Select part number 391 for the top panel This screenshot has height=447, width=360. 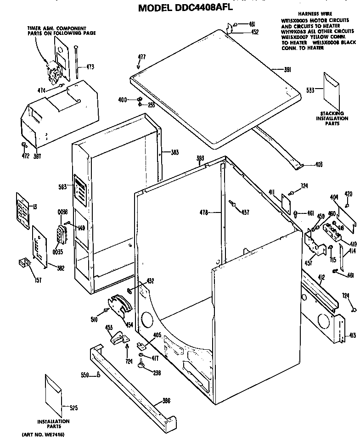tap(288, 69)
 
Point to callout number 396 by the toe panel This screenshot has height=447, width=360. tap(166, 401)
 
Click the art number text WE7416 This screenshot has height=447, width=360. tap(43, 434)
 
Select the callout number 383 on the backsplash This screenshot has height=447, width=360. tap(174, 152)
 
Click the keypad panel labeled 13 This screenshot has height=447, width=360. tap(22, 207)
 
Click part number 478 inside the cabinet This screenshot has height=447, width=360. tap(204, 212)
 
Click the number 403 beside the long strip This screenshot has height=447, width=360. tap(319, 165)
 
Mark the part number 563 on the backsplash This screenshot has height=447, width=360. tap(62, 186)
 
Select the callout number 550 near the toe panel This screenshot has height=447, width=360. tap(84, 375)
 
